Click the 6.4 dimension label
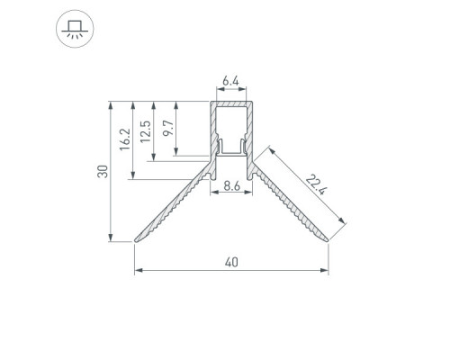point(230,81)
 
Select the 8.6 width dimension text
point(232,186)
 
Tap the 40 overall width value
point(231,263)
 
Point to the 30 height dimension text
point(103,171)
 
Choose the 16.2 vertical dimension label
point(125,139)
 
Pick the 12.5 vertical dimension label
point(146,131)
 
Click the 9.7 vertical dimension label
point(168,128)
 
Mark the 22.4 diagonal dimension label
point(316,184)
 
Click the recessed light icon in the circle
point(75,29)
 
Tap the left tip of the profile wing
point(136,240)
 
